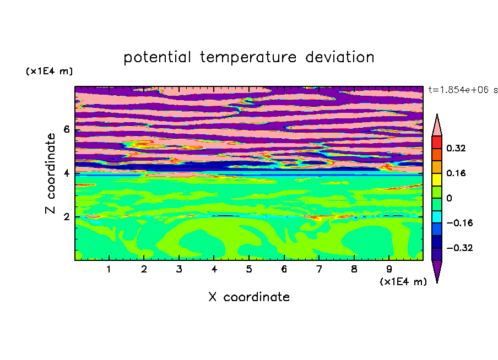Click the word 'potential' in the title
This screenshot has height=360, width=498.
point(157,58)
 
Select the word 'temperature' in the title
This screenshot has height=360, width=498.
point(248,58)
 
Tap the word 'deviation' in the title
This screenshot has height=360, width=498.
point(340,57)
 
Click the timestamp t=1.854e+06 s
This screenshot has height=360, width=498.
point(463,90)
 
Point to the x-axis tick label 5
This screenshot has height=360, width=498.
point(249,269)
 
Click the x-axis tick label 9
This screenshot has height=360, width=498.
point(389,269)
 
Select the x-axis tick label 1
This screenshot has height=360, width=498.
point(109,269)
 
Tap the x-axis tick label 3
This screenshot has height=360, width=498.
point(179,269)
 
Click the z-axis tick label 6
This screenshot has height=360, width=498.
point(66,129)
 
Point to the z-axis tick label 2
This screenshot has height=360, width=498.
point(66,217)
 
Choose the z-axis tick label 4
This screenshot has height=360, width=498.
point(66,173)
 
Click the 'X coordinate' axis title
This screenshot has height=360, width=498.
point(250,297)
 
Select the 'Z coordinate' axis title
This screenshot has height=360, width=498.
point(50,173)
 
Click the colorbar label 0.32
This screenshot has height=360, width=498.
point(456,148)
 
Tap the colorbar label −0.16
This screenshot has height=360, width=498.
point(459,223)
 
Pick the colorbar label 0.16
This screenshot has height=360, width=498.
point(456,173)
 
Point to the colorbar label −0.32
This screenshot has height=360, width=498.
point(459,248)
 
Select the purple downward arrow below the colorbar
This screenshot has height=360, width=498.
point(437,270)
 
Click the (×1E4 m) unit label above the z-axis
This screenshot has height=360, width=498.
point(49,71)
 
